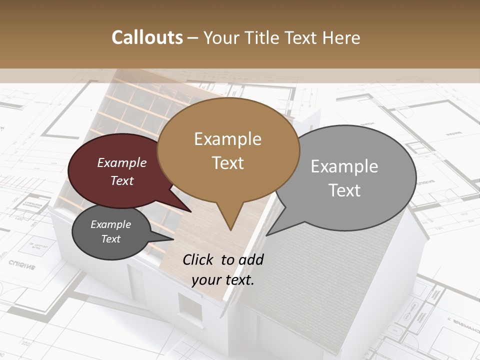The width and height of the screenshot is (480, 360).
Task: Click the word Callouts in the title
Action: (147, 37)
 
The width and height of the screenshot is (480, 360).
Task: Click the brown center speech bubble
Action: (228, 150)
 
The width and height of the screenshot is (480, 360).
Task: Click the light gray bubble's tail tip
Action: (266, 235)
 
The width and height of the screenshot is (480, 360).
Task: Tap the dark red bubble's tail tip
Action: (191, 211)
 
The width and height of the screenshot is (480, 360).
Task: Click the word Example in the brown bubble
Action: (227, 139)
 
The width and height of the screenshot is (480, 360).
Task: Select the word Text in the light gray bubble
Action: (344, 190)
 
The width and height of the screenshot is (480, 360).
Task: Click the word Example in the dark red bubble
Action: (121, 163)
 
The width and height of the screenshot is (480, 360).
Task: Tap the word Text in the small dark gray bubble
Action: (111, 239)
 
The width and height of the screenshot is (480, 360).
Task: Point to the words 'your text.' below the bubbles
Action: (222, 279)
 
